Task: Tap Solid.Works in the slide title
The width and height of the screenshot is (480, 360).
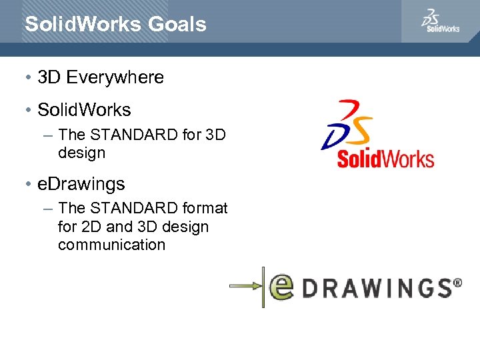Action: (x=83, y=25)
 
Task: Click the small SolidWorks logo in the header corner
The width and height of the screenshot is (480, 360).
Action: (x=440, y=21)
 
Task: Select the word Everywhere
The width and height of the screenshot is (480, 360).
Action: (x=115, y=77)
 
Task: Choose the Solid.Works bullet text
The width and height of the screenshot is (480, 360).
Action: (x=84, y=109)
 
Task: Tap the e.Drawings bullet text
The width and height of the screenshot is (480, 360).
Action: (x=81, y=183)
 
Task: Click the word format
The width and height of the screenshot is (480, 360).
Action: (x=205, y=208)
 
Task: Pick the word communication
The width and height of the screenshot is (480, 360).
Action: (x=111, y=245)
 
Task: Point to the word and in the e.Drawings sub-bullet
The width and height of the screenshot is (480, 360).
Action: (x=119, y=227)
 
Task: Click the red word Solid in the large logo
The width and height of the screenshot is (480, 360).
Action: (x=359, y=159)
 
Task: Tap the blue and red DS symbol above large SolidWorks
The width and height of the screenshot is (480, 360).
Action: (x=347, y=125)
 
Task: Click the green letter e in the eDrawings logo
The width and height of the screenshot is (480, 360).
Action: (x=281, y=287)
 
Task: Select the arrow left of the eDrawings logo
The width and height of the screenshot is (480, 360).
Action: (x=246, y=287)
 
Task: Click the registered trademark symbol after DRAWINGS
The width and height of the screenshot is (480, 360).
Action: (x=457, y=283)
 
